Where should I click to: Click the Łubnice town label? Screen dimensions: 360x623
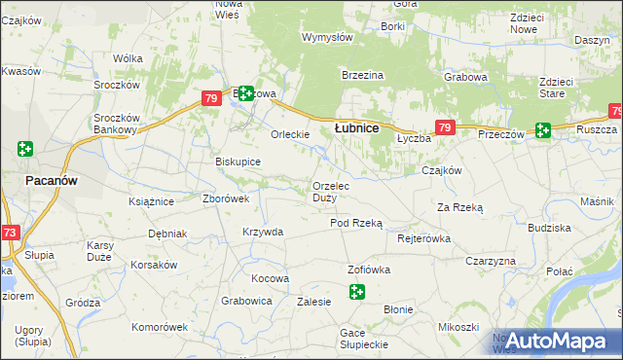[x=356, y=127]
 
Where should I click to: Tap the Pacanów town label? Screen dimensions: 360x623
[x=52, y=181]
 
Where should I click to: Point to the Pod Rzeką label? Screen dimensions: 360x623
[x=356, y=223]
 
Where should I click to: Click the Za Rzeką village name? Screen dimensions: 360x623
[x=460, y=207]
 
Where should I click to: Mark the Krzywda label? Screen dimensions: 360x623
[x=263, y=232]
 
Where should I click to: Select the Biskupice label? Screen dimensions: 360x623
[x=238, y=162]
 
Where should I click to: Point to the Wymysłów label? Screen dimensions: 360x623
[x=327, y=38]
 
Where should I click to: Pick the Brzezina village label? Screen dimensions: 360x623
[x=362, y=75]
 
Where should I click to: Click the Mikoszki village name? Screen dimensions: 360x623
[x=458, y=327]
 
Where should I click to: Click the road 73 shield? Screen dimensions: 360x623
[x=10, y=233]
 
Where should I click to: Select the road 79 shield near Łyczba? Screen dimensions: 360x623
[x=445, y=127]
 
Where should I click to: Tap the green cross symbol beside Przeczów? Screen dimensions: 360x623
[x=542, y=129]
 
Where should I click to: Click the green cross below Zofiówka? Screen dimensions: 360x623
[x=357, y=291]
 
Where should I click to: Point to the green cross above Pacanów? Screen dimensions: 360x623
[x=25, y=149]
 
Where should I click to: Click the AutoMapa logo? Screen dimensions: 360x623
[x=551, y=341]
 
